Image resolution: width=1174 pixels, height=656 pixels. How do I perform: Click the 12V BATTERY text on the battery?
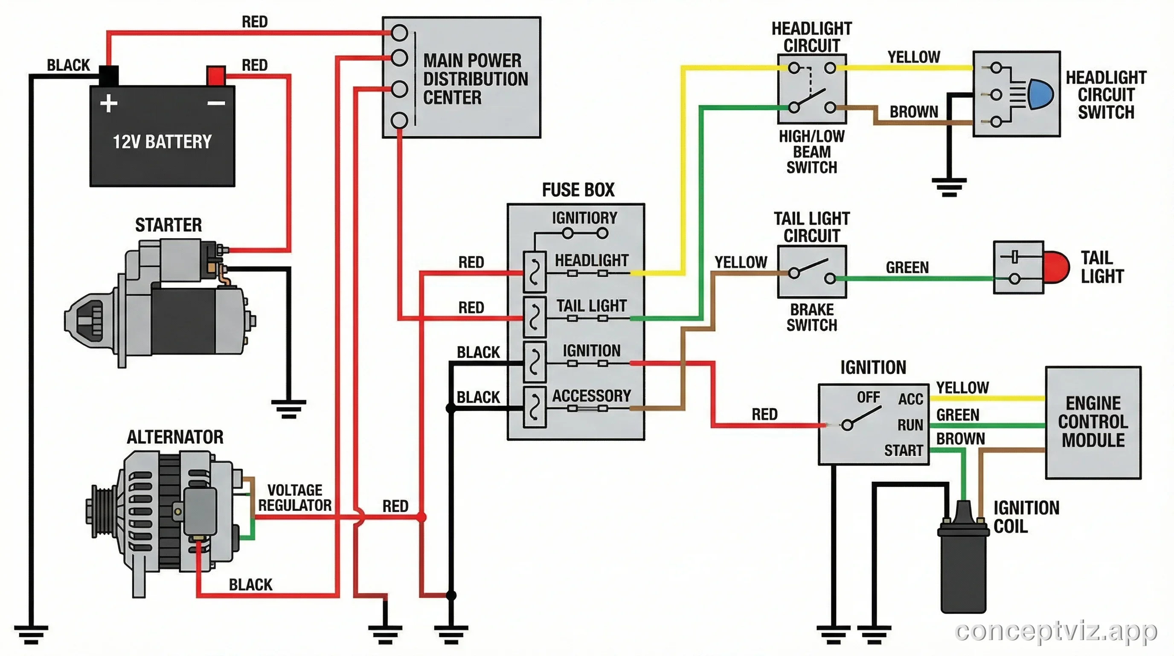pos(162,142)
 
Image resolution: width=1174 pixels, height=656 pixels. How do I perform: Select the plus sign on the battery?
pos(109,103)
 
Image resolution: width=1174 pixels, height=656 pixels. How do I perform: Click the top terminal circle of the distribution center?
pos(399,33)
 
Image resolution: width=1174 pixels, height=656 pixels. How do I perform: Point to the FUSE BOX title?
pos(578,190)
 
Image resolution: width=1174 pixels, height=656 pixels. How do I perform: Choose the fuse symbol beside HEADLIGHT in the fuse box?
pos(535,272)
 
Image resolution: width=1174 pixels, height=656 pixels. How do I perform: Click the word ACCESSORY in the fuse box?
pos(591,395)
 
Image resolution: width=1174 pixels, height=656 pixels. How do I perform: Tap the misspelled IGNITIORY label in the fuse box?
pos(584,218)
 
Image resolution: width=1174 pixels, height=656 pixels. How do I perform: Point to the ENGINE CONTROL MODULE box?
pos(1093,422)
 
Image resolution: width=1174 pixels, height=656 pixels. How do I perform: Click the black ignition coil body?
pos(963,570)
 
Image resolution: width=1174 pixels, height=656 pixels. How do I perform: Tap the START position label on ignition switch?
pos(903,451)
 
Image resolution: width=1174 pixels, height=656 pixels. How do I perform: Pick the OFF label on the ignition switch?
pos(868,397)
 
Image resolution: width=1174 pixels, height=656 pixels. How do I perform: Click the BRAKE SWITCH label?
pos(812,317)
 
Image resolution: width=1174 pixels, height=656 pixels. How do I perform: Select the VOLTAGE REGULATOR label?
pos(295,498)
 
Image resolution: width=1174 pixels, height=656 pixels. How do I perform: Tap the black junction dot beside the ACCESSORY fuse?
pos(451,408)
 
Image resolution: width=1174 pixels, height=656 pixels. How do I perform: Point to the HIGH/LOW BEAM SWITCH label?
pos(812,152)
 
